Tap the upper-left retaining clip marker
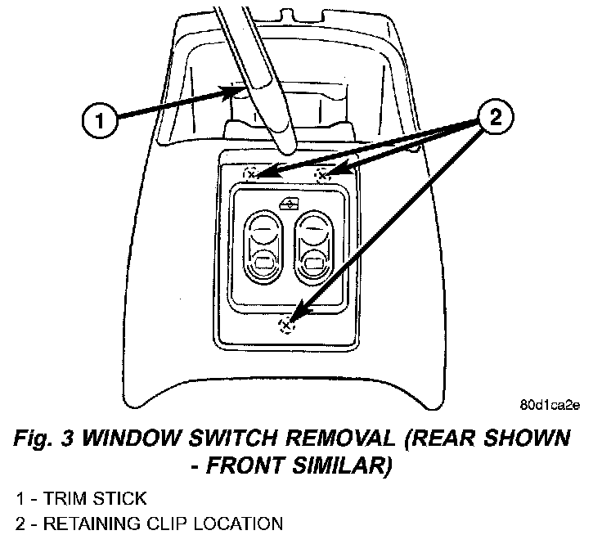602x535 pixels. click(253, 173)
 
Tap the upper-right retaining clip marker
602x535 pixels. click(322, 173)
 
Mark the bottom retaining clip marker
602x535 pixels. click(285, 326)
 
